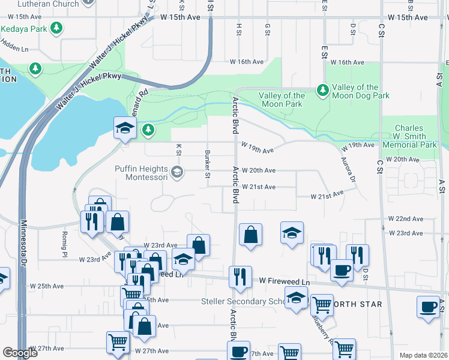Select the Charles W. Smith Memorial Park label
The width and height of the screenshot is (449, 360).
click(x=409, y=137)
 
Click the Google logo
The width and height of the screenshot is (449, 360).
click(x=20, y=353)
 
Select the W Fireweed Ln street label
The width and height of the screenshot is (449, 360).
click(x=285, y=281)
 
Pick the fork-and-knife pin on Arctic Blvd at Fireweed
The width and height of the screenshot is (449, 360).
click(x=239, y=277)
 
